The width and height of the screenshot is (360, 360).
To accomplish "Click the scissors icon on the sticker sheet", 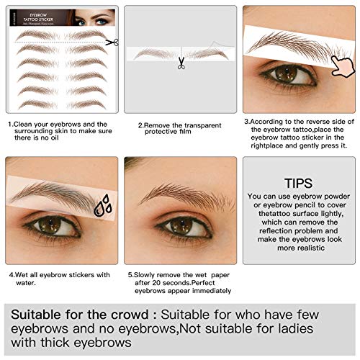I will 111,42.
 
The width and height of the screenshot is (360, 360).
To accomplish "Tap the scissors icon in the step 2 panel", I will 181,63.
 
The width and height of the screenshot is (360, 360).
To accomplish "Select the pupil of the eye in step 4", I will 50,225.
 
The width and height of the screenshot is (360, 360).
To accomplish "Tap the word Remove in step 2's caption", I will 160,125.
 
